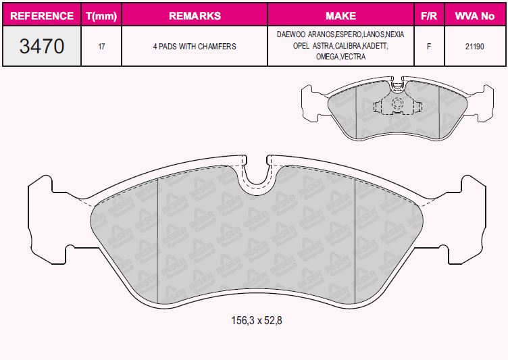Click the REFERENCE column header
point(42,16)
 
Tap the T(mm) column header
point(101,16)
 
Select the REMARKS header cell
point(195,16)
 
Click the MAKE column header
point(341,16)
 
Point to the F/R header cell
point(429,16)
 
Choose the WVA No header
point(475,16)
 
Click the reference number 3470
point(42,46)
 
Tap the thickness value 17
point(101,47)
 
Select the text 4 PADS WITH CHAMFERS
point(195,47)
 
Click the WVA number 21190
point(475,47)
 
